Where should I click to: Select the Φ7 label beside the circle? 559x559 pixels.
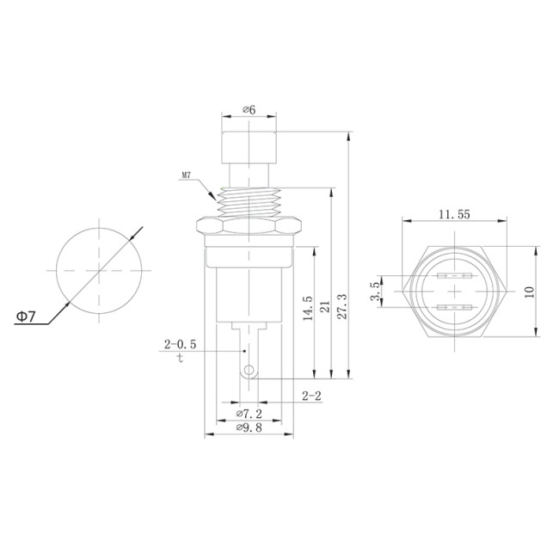[26, 316]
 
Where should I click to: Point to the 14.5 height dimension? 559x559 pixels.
[307, 310]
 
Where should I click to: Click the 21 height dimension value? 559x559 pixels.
[326, 307]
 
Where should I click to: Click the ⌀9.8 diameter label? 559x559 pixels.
[250, 427]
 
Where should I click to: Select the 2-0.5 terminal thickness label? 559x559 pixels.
[181, 344]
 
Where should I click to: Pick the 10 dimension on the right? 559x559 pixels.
[530, 292]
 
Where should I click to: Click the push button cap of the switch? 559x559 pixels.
[248, 150]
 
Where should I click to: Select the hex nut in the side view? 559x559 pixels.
[248, 227]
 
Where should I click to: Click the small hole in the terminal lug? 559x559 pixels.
[249, 372]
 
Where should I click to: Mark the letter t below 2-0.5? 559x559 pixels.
[180, 358]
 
